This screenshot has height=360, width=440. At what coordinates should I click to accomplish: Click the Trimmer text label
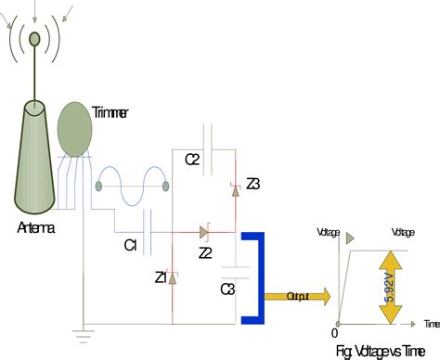[110, 112]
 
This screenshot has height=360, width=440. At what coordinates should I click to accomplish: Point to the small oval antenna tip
[34, 38]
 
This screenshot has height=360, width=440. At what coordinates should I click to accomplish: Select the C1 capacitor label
[131, 245]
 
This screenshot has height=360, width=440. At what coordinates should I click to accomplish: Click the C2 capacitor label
[192, 160]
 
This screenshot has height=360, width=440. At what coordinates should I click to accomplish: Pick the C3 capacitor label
[227, 289]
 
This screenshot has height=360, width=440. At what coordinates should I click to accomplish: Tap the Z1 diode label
[161, 277]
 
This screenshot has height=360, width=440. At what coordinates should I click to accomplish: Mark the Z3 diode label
[252, 184]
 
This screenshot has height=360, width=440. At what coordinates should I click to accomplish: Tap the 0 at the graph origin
[334, 332]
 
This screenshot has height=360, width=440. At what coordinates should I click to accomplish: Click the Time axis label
[429, 324]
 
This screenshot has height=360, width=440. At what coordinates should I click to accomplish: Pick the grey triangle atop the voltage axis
[351, 238]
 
